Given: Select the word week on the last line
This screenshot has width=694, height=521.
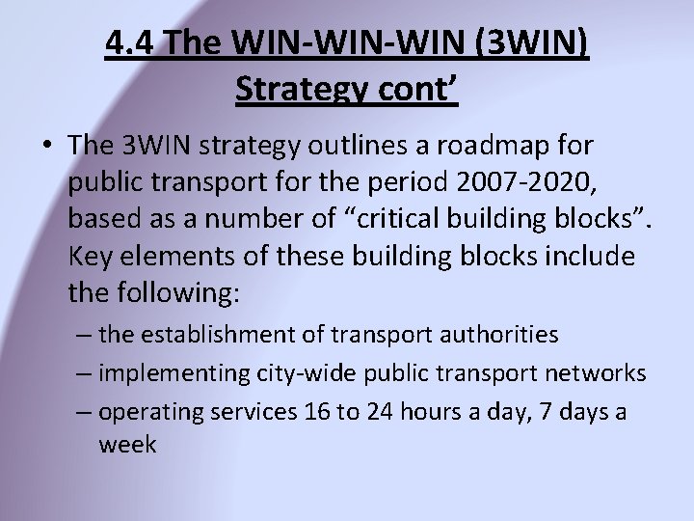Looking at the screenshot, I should [x=128, y=445].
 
